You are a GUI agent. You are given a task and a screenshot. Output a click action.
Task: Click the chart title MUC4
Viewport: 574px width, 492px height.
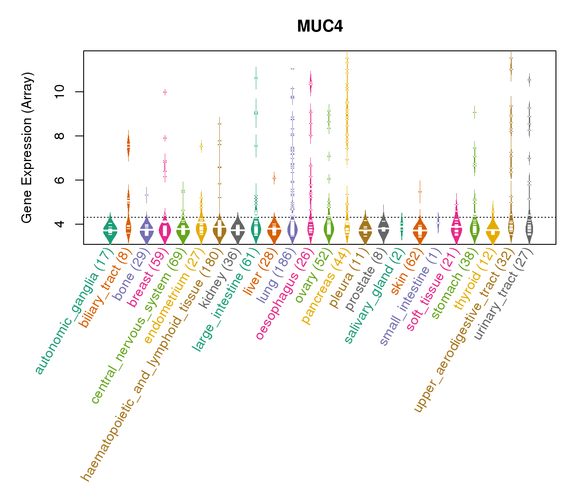[x=320, y=27]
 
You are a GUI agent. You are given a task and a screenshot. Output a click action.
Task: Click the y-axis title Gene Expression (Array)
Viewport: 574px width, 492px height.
[x=27, y=148]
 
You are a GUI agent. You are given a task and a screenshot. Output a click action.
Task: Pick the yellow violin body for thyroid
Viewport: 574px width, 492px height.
[x=493, y=233]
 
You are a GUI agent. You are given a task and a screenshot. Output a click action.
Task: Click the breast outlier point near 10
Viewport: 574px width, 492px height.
[x=165, y=92]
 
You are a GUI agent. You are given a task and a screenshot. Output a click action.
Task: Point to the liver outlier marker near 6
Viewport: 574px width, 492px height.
[x=274, y=178]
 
